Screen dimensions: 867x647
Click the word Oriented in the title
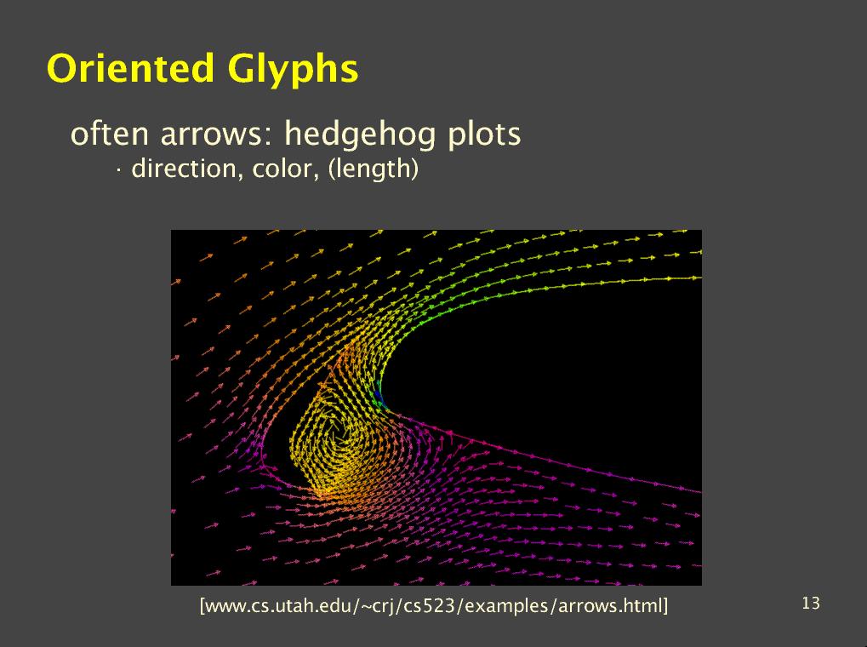click(x=130, y=68)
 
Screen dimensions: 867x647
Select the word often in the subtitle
click(x=110, y=134)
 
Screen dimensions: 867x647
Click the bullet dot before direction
click(x=118, y=170)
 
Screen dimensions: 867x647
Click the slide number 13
click(x=811, y=604)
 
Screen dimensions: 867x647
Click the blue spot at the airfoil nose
click(x=378, y=395)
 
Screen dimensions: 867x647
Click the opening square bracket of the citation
click(x=202, y=606)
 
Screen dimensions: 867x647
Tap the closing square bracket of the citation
click(x=665, y=606)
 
